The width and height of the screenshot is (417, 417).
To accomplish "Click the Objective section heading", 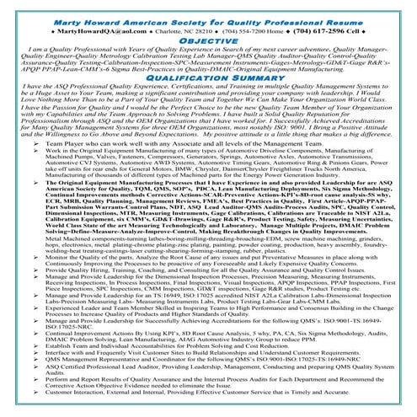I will coord(208,40).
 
